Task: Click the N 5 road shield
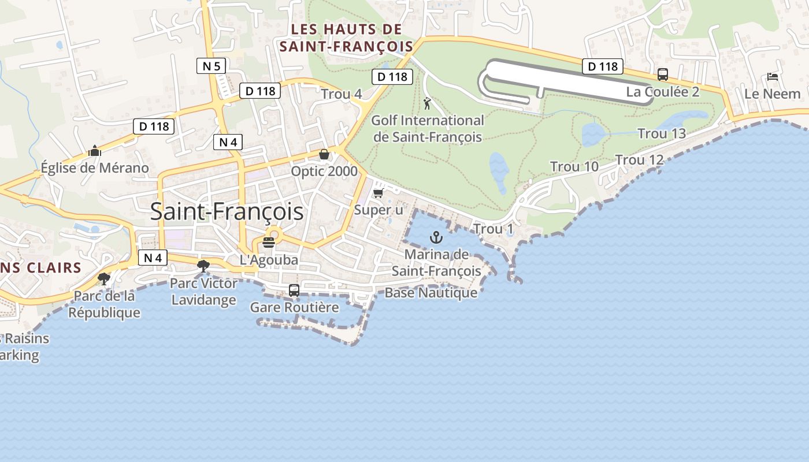210,66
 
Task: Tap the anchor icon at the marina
437,237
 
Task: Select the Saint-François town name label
227,211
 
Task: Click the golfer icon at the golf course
428,104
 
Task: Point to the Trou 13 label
662,133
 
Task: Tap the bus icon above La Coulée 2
663,74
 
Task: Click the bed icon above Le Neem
773,77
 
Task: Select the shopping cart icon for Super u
378,193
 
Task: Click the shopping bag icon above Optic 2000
324,155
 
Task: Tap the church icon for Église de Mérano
95,151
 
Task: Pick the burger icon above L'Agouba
269,243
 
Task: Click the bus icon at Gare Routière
294,290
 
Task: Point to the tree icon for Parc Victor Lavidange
203,266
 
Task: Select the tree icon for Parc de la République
104,279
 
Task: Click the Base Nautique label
431,293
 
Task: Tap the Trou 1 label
493,229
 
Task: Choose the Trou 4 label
342,94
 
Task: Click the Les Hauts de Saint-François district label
346,38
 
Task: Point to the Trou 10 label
574,167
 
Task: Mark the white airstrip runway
569,81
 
